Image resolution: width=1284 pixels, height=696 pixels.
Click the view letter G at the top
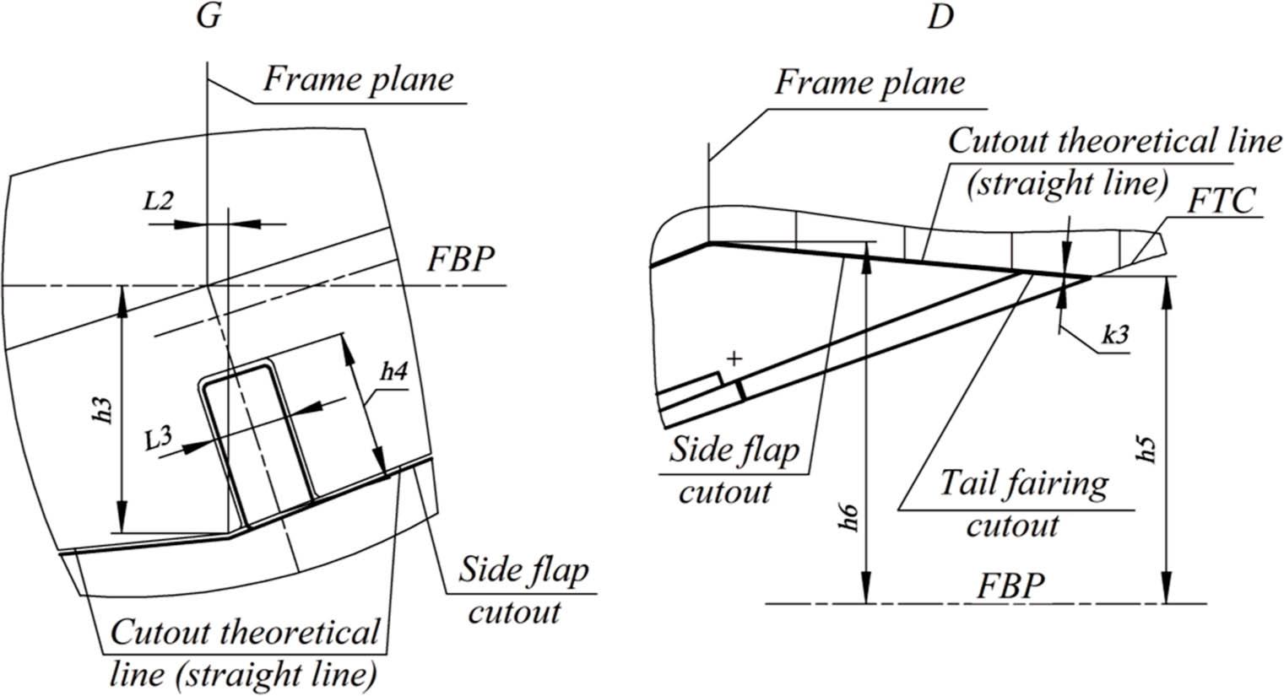point(209,18)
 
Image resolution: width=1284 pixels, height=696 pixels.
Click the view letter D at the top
point(939,18)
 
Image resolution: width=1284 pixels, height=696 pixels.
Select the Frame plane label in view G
point(358,80)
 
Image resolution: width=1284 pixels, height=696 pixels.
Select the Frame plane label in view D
point(870,84)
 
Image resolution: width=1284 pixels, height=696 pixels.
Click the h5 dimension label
point(1145,449)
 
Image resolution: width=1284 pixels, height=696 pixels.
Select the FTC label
point(1221,202)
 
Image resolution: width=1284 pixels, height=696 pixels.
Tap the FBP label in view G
point(459,259)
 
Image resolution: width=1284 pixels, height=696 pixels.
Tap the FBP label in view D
point(1010,585)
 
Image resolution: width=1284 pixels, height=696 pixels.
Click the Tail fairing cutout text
point(1023,504)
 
